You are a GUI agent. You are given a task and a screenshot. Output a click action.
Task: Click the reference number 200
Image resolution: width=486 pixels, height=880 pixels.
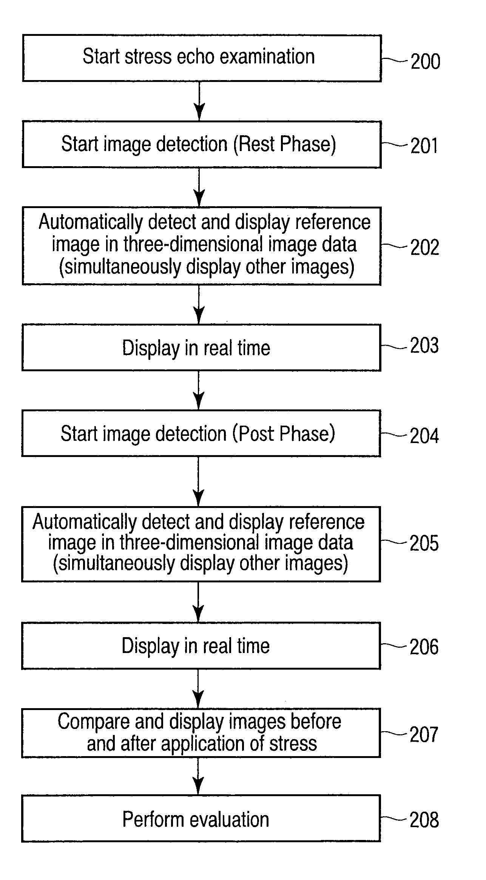click(x=425, y=61)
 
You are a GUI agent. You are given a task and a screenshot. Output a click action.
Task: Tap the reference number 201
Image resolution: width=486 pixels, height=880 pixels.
click(x=424, y=146)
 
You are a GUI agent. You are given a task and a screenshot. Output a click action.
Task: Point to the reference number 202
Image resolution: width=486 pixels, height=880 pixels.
click(x=425, y=248)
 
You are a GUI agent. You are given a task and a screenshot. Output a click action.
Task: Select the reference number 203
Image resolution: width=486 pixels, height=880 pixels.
click(x=424, y=346)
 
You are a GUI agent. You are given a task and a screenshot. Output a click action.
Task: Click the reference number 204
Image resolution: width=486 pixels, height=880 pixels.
click(x=424, y=436)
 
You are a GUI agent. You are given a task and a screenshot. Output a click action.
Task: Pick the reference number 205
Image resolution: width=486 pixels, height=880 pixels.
click(x=424, y=543)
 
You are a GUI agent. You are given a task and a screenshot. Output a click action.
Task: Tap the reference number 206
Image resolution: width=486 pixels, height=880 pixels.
click(x=424, y=647)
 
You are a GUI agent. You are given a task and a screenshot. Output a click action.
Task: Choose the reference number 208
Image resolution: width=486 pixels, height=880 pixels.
click(x=424, y=820)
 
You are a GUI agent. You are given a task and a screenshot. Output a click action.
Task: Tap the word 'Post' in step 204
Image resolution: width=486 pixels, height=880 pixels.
click(x=257, y=434)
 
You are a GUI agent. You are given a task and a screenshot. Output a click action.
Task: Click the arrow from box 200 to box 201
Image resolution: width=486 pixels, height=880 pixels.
click(x=199, y=101)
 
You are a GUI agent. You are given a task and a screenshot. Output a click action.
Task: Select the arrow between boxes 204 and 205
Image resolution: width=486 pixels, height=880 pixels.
click(x=198, y=482)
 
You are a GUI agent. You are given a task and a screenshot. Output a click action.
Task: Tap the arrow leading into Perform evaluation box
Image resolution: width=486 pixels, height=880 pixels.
click(x=198, y=776)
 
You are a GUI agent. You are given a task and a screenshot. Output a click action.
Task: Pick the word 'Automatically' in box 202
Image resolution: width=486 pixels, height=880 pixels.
click(x=90, y=222)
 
